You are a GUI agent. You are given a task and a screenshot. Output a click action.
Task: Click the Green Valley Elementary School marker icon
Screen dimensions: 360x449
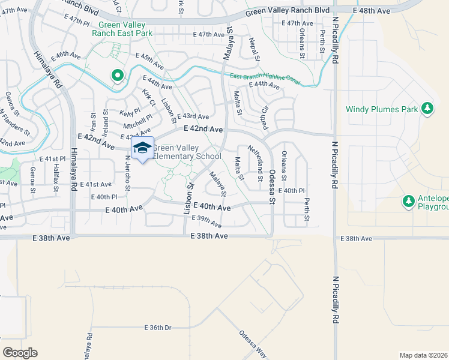[x=142, y=148]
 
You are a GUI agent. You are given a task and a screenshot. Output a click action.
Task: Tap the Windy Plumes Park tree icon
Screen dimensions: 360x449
[x=427, y=109]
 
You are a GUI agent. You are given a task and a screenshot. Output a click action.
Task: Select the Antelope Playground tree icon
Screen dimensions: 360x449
[x=409, y=200]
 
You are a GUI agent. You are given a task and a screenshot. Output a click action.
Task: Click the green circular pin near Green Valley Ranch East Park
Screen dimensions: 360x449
[x=118, y=76]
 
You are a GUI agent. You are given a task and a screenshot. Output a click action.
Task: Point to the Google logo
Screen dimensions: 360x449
[x=20, y=353]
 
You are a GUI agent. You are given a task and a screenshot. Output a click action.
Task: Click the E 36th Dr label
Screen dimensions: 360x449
[x=158, y=328]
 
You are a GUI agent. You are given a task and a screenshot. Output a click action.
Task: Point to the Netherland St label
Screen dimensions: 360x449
[x=256, y=164]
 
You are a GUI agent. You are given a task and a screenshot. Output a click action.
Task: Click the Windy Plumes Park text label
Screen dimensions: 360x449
[x=381, y=109]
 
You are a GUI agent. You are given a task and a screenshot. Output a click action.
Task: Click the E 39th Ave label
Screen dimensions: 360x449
[x=206, y=221]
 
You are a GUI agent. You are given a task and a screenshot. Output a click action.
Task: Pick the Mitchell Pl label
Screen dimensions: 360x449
[x=138, y=122]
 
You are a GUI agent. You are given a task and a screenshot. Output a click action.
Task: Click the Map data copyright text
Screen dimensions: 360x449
[x=424, y=355]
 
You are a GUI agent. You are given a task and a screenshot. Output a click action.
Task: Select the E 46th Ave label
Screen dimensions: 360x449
[x=66, y=56]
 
